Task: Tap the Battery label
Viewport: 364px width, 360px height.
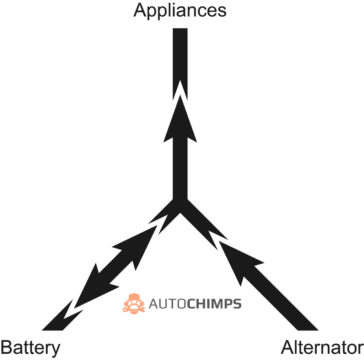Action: pyautogui.click(x=31, y=348)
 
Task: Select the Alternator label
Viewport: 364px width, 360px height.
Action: pyautogui.click(x=322, y=348)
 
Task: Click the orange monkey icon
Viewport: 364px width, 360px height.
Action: pyautogui.click(x=134, y=303)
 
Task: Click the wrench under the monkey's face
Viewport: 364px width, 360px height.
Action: pyautogui.click(x=134, y=310)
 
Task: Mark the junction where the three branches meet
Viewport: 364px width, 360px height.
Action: pyautogui.click(x=180, y=206)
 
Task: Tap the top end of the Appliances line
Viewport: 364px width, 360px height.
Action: pyautogui.click(x=180, y=29)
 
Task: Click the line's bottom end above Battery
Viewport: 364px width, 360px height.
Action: pyautogui.click(x=52, y=330)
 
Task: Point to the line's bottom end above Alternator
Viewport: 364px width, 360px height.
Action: pyautogui.click(x=308, y=330)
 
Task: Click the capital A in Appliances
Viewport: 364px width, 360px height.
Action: pyautogui.click(x=141, y=10)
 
